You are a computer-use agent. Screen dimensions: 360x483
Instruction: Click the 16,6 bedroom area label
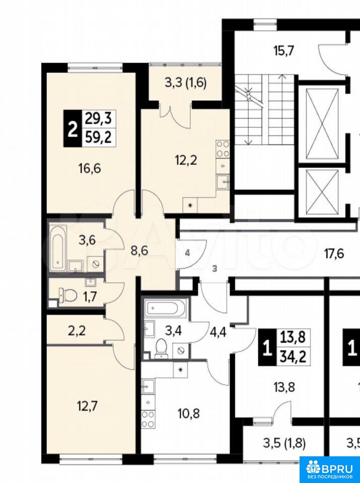(90, 169)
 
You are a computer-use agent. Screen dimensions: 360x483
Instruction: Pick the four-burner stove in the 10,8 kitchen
(148, 419)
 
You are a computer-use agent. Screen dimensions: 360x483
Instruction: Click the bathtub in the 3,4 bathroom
(166, 307)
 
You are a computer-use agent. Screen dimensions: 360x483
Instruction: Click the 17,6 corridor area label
(334, 255)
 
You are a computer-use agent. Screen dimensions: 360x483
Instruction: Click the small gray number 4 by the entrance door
(187, 254)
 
